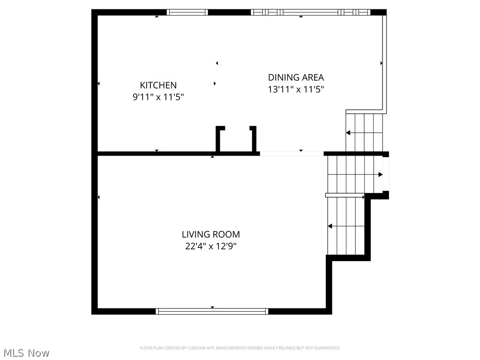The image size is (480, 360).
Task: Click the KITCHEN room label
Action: tap(158, 85)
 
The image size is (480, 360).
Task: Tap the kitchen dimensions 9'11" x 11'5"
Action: tap(158, 97)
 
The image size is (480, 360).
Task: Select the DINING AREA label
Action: tap(296, 77)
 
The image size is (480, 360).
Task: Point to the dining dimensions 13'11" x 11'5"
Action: tap(296, 89)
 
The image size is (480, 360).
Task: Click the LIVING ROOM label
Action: tap(211, 234)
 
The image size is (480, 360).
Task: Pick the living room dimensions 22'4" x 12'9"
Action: tap(211, 246)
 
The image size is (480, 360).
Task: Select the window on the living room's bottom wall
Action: tap(212, 311)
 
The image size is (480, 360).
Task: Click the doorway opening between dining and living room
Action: tap(292, 153)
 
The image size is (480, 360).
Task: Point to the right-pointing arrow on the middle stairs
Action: tap(380, 175)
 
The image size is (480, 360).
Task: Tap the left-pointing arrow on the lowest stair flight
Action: tap(330, 226)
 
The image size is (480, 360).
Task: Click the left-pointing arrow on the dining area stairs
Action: tap(348, 133)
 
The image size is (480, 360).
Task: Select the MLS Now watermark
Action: tap(26, 352)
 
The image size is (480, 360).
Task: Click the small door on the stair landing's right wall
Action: tap(386, 174)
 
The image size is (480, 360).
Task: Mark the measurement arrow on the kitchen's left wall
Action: tap(98, 83)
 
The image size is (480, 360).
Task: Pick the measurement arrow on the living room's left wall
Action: tap(98, 197)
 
